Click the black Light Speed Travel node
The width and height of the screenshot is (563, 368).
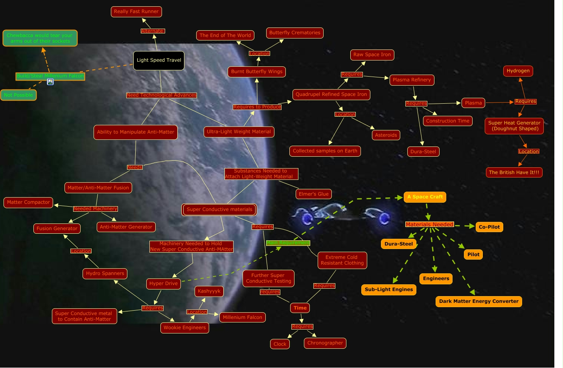click(159, 60)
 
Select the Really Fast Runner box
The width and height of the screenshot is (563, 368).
click(136, 12)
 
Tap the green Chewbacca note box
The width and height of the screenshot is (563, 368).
click(40, 38)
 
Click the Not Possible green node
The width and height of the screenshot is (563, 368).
click(18, 95)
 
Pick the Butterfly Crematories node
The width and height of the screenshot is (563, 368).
click(294, 33)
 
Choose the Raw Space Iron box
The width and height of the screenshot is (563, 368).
click(372, 55)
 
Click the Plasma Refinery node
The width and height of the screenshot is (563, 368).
click(412, 80)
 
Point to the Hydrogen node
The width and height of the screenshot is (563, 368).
click(518, 71)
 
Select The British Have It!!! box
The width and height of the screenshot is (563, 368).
click(514, 172)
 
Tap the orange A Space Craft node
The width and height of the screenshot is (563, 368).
click(425, 197)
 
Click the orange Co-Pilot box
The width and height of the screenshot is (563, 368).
click(489, 227)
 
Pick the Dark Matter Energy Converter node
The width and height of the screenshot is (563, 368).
click(478, 302)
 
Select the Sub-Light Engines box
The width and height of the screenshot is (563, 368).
click(388, 290)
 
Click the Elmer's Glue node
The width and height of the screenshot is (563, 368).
click(313, 194)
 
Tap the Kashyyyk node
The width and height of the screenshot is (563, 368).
click(209, 291)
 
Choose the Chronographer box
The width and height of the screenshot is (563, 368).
click(325, 343)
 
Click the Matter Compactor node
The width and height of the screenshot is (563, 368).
click(28, 203)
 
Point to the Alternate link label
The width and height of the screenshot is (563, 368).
click(152, 31)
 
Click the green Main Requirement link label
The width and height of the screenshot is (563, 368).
click(288, 243)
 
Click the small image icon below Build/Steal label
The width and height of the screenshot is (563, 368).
click(50, 82)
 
